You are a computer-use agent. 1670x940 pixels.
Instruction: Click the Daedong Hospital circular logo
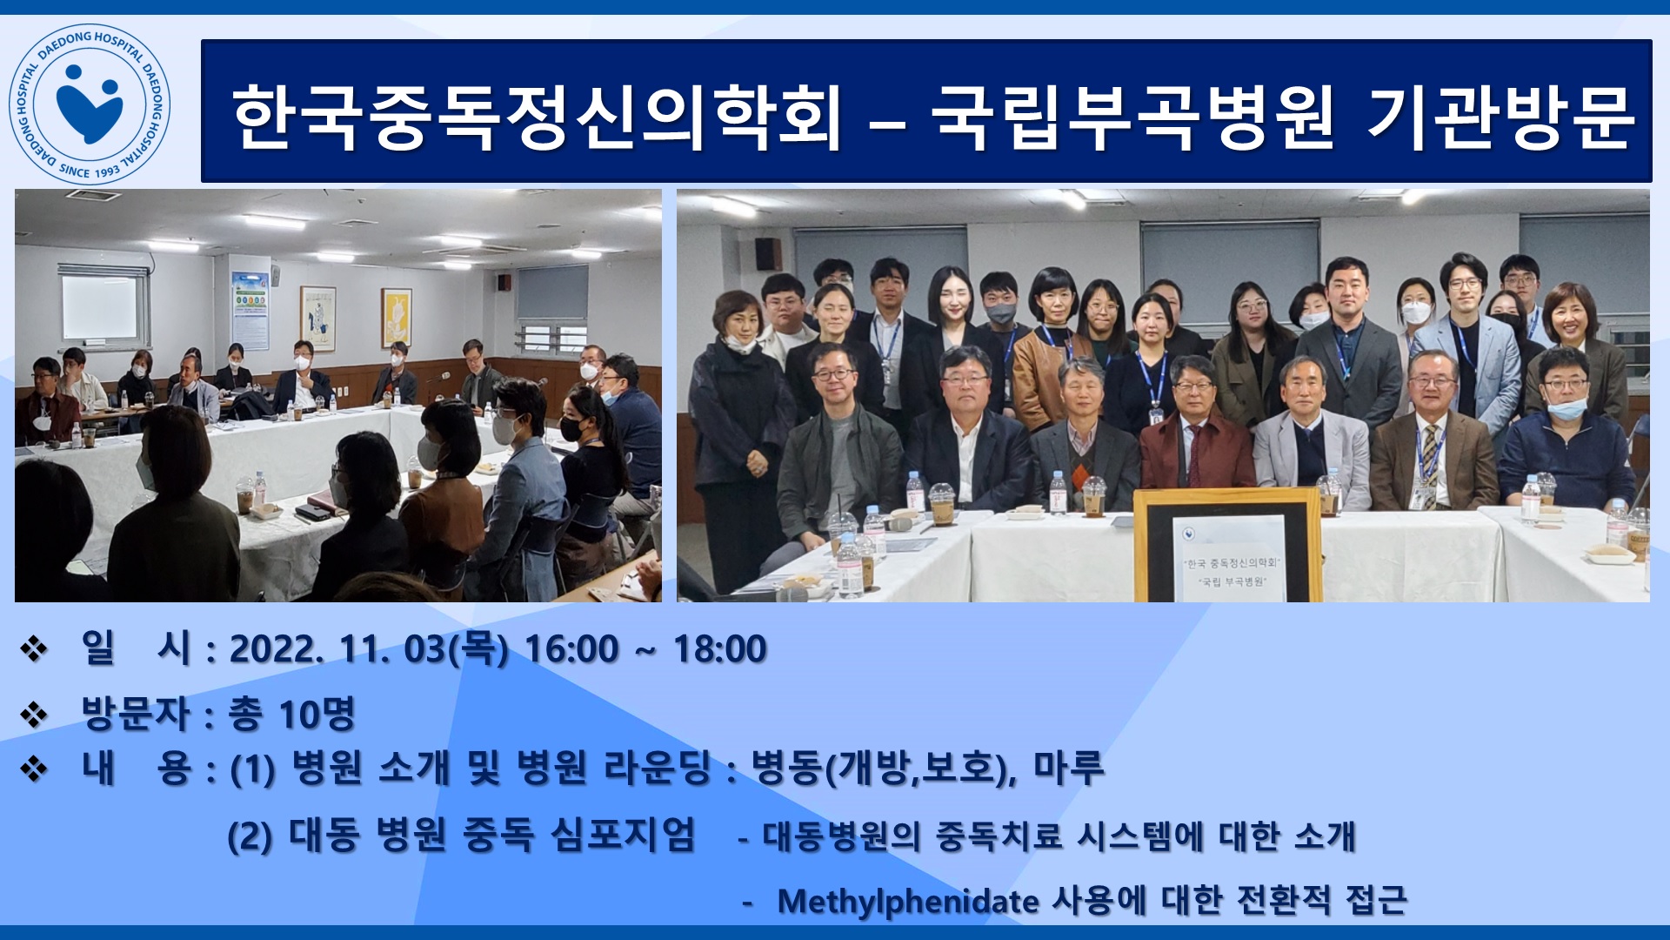click(90, 104)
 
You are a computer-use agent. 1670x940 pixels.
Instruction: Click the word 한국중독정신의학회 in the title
click(537, 117)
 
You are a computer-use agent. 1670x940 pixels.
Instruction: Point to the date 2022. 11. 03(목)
click(369, 649)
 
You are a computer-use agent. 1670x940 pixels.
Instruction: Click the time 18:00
click(720, 649)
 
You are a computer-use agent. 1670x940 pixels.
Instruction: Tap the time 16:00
click(571, 649)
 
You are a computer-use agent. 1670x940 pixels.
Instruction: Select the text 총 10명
click(292, 715)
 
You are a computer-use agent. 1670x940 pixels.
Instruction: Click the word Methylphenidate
click(908, 902)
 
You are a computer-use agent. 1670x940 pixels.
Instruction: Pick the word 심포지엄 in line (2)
click(624, 835)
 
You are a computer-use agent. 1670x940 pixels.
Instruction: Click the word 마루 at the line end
click(1069, 768)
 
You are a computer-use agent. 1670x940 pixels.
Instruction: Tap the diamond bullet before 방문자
click(34, 715)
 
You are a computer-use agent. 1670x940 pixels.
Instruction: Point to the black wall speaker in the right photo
click(768, 253)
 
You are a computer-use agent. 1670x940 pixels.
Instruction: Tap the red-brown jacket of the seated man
click(1197, 453)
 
